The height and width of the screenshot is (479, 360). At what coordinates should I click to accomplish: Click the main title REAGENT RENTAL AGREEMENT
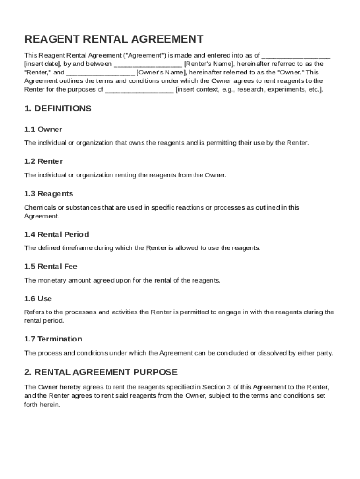[114, 39]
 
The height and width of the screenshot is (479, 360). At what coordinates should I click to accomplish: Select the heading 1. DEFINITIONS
[58, 109]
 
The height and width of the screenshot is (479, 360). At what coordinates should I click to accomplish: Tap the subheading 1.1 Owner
[43, 129]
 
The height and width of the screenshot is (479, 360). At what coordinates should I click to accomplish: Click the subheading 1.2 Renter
[43, 161]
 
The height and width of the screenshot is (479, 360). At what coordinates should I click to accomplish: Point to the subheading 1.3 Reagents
[49, 194]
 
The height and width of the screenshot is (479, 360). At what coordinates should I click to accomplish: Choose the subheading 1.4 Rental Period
[57, 234]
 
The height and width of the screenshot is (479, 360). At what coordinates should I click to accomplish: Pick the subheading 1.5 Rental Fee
[51, 267]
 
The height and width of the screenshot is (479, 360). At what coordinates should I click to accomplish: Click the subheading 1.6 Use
[38, 299]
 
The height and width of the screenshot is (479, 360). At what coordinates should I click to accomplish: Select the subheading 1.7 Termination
[53, 339]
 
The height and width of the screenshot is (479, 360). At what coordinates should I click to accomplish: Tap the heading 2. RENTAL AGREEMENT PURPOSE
[101, 372]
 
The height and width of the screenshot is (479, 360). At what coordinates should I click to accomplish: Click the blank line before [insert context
[139, 90]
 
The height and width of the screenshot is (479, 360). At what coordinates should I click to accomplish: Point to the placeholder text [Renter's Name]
[209, 64]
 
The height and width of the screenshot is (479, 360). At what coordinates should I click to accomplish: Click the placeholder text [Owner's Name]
[161, 73]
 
